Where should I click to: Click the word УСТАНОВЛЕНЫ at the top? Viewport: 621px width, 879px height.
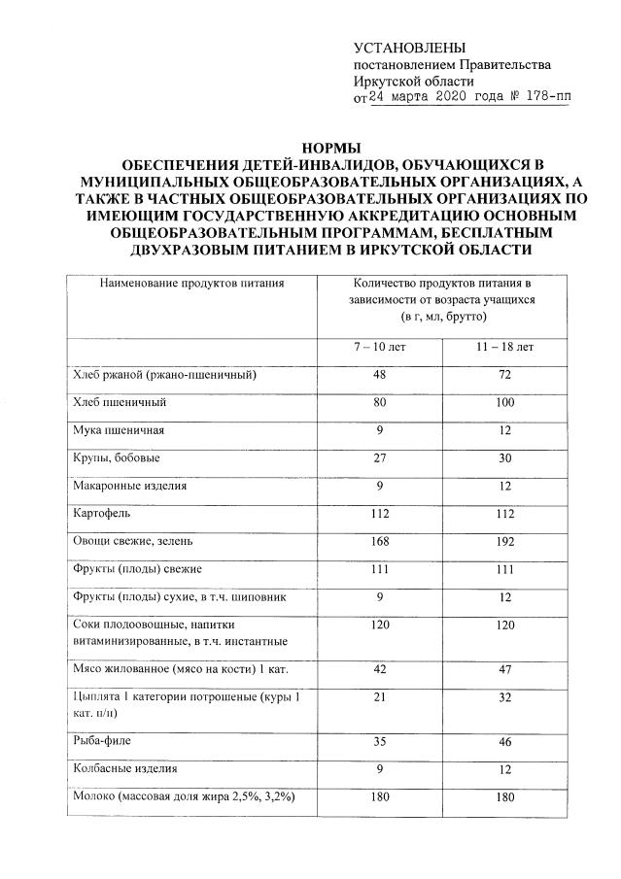tap(409, 48)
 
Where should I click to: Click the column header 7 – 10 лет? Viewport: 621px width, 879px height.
tap(378, 347)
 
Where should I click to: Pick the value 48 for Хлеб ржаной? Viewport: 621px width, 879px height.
tap(378, 374)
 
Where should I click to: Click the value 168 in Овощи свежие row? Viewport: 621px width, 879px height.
tap(378, 540)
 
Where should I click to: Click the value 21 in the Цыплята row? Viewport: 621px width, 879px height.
tap(378, 696)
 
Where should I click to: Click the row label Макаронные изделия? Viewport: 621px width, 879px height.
tap(130, 485)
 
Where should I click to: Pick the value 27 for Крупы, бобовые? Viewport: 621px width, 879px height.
tap(378, 456)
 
